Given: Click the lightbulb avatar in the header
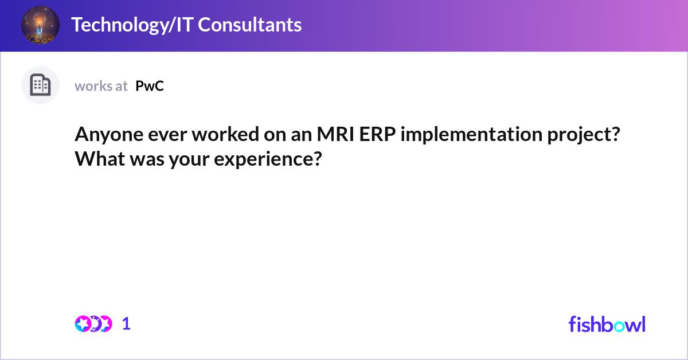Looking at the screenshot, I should (x=40, y=25).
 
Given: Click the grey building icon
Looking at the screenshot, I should (x=40, y=85).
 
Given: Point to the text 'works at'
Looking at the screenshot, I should (x=101, y=86).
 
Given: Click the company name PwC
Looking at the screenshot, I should (x=150, y=86).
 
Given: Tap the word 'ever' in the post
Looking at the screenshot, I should (x=153, y=135).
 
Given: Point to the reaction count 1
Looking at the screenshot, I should (x=126, y=324).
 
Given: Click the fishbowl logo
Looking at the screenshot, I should (x=607, y=324).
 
